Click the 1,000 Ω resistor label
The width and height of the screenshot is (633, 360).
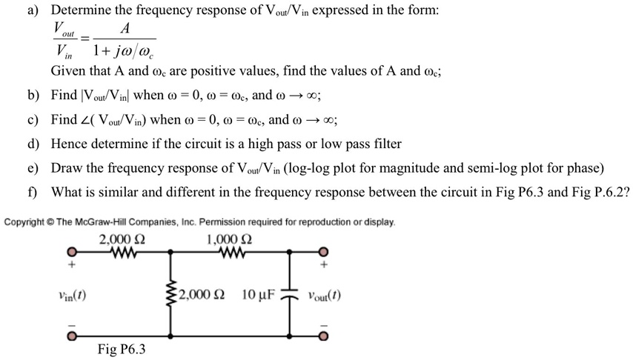click(230, 239)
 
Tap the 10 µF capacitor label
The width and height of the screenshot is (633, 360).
click(258, 296)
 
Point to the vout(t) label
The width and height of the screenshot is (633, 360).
click(322, 296)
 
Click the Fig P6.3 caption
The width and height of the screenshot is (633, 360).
click(122, 349)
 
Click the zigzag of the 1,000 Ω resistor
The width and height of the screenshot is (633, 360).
click(231, 251)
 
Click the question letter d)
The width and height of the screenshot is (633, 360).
click(33, 143)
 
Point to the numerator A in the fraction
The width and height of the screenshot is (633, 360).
click(124, 30)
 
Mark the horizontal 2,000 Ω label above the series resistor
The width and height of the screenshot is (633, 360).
click(122, 239)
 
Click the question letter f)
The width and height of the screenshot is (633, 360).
click(33, 191)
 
